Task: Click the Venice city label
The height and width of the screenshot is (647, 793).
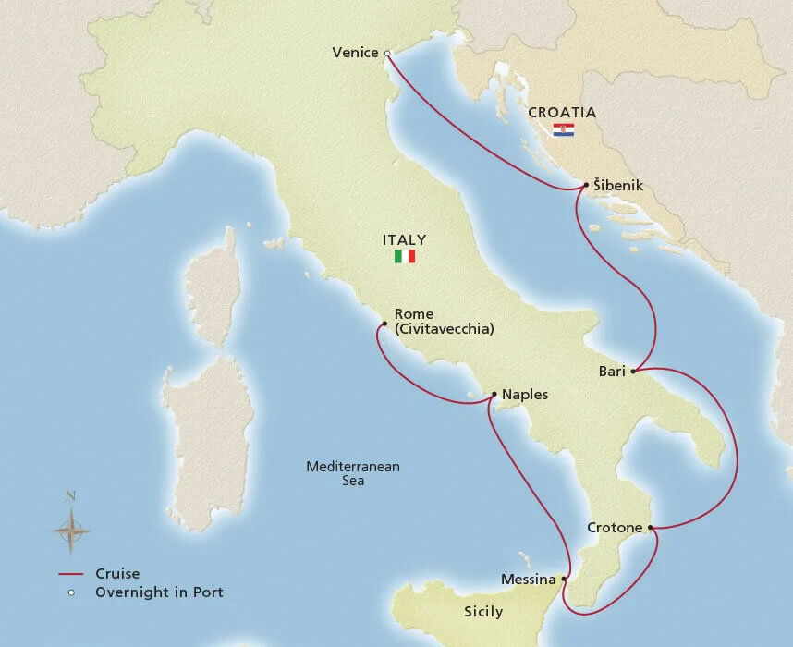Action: click(x=355, y=53)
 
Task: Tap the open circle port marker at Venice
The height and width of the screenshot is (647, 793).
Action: click(x=387, y=53)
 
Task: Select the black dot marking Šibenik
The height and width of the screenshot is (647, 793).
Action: click(x=586, y=187)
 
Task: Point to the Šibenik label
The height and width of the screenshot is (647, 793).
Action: click(x=619, y=187)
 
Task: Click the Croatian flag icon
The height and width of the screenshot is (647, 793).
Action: click(x=562, y=130)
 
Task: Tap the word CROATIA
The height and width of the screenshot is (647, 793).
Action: click(x=562, y=113)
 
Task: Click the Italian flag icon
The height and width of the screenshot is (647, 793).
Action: click(x=405, y=256)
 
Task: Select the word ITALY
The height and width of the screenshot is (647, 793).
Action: click(x=405, y=239)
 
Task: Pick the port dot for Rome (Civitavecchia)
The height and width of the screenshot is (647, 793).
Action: click(x=383, y=323)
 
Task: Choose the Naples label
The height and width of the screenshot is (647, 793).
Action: click(x=525, y=395)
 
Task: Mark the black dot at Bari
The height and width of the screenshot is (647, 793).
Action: click(x=633, y=372)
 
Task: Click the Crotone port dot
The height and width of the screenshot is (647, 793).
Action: click(x=652, y=528)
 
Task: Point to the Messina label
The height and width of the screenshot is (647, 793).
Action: click(x=527, y=580)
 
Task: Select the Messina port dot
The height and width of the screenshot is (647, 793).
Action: click(x=564, y=580)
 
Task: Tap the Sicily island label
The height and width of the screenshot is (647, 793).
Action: click(x=483, y=612)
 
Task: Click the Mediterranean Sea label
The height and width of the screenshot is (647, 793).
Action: click(x=353, y=473)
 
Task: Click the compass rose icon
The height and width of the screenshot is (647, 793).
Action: click(x=70, y=531)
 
